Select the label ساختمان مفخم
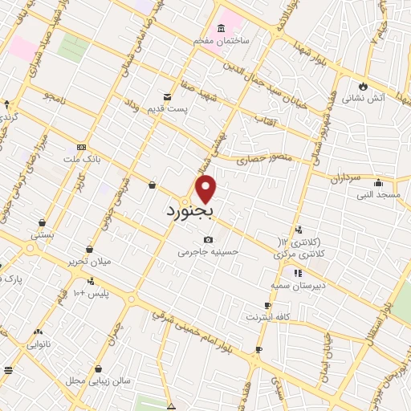coord(221,39)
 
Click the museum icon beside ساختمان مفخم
coord(221,28)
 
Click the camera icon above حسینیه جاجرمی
coord(209,239)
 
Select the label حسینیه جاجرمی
coord(209,251)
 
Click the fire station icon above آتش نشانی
coord(363,86)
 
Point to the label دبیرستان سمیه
coord(298,285)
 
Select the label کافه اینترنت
coord(271,317)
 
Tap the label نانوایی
coord(38,344)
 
